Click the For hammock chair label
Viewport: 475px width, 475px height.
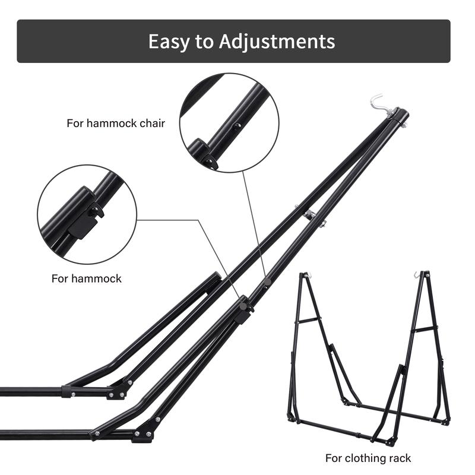click(116, 123)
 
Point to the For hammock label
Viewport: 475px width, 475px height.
click(86, 278)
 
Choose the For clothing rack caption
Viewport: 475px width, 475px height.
click(368, 458)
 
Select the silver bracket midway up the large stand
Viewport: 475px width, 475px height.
click(309, 215)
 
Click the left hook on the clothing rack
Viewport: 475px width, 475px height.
click(305, 276)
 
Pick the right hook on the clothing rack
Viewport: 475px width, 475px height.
click(417, 275)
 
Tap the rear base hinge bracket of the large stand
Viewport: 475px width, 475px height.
click(118, 389)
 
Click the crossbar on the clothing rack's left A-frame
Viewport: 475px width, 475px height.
click(309, 320)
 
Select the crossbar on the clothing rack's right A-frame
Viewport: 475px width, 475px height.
click(425, 328)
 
